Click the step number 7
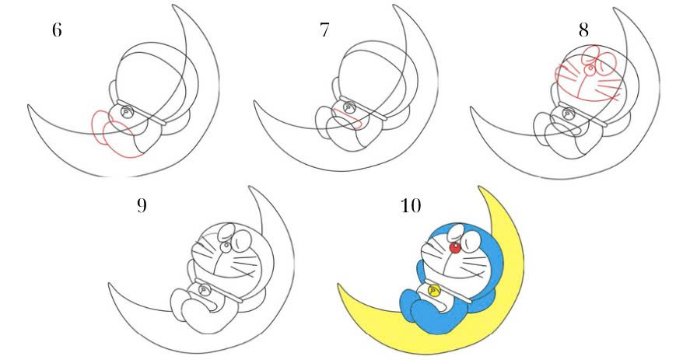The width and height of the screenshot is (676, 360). (325, 32)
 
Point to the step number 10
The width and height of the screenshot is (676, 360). (409, 206)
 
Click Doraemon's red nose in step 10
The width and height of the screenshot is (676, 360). (454, 248)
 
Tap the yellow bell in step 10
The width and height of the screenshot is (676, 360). (436, 289)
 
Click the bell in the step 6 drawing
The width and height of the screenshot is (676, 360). (125, 113)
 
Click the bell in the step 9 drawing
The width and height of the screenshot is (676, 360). (205, 289)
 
